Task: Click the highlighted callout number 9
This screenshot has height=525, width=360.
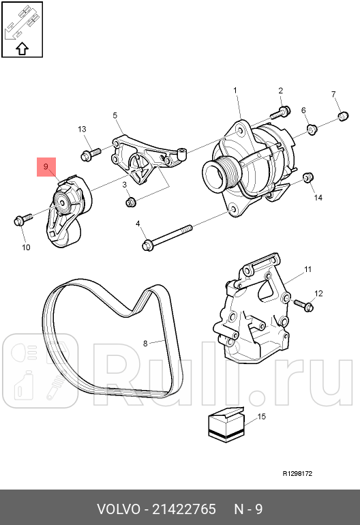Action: pos(46,166)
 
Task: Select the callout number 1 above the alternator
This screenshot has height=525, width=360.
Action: pos(235,91)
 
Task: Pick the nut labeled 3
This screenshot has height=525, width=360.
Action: pos(130,201)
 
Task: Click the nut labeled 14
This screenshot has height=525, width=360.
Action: pos(307,178)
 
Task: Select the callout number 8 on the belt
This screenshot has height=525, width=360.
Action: pos(145,343)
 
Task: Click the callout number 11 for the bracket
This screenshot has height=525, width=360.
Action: pos(307,270)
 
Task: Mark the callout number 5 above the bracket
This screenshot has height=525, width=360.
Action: pos(115,116)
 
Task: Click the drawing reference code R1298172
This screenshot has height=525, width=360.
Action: pos(297,473)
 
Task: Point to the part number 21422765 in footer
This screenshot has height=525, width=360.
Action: pos(184,509)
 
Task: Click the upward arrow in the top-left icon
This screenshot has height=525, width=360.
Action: pos(22,48)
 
